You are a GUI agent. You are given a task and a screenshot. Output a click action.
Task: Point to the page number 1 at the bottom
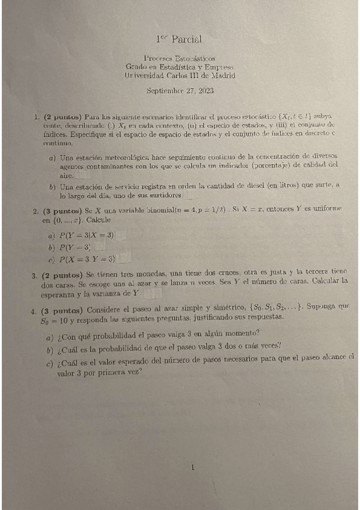pyautogui.click(x=192, y=466)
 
